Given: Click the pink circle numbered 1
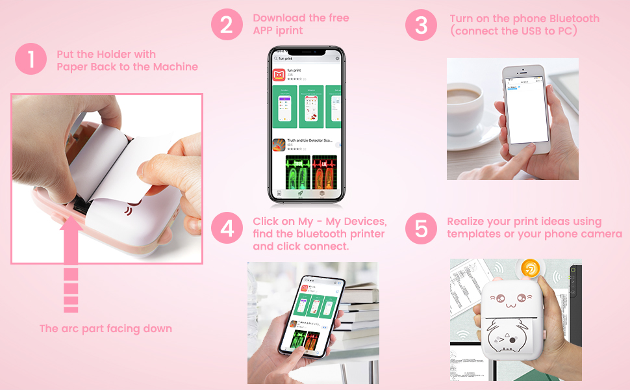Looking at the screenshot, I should [31, 60].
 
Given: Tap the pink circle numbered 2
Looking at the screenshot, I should [227, 25].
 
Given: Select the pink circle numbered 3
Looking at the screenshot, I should [422, 25].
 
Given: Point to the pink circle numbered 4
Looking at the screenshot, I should [227, 228].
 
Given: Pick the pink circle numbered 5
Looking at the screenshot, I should [422, 228].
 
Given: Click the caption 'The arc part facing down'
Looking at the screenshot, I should [106, 329].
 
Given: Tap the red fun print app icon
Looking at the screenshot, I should [279, 75].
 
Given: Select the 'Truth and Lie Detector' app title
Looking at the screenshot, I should [310, 140].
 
